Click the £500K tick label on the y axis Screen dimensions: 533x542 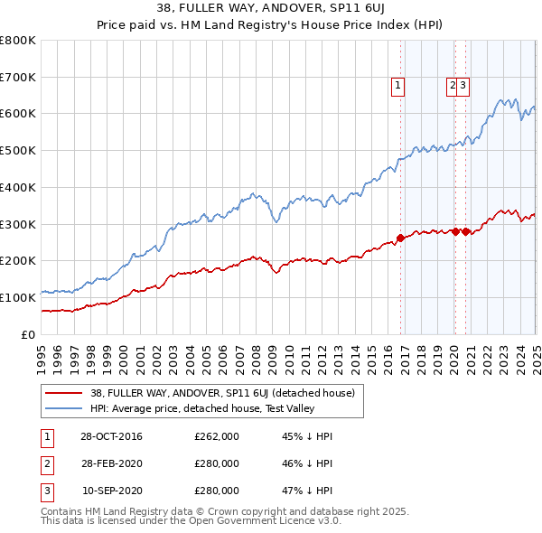(17, 150)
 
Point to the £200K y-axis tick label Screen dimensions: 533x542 (17, 260)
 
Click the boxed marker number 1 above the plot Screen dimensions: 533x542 (398, 86)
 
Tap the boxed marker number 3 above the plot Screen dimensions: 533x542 (462, 86)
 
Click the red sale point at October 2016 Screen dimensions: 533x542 (400, 238)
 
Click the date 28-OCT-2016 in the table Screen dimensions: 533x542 (110, 436)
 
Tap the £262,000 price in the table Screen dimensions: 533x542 (217, 436)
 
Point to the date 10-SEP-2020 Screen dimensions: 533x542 (110, 491)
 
